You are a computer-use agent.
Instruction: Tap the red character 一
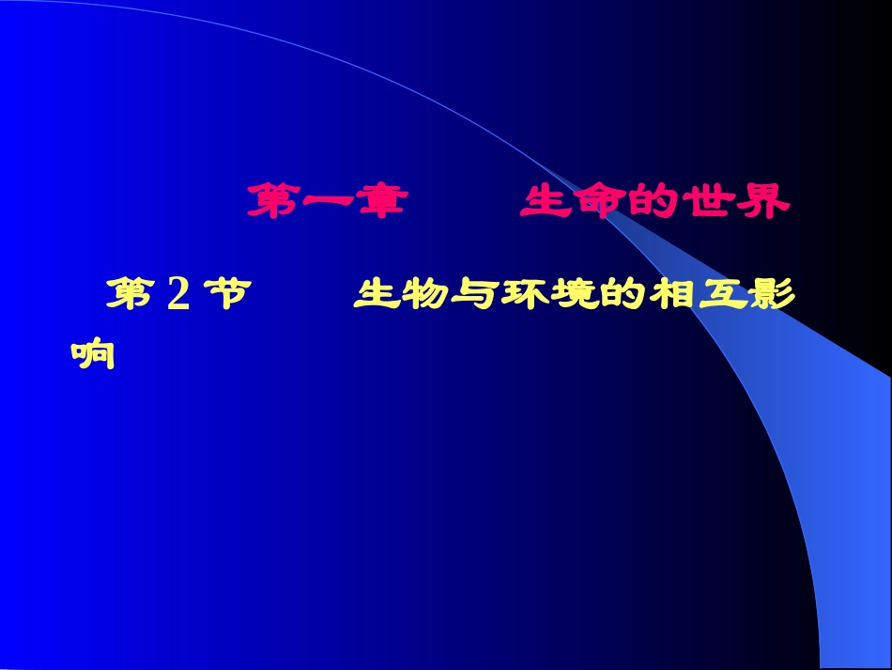[328, 201]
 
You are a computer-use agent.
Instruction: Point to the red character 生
[546, 201]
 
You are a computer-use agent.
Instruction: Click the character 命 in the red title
[599, 201]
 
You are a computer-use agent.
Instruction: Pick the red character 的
[652, 201]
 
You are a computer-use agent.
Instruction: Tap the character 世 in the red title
[705, 201]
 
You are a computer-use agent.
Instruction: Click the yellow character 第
[129, 294]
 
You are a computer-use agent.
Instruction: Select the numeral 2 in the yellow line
[177, 295]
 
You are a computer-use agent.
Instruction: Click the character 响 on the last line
[93, 353]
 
